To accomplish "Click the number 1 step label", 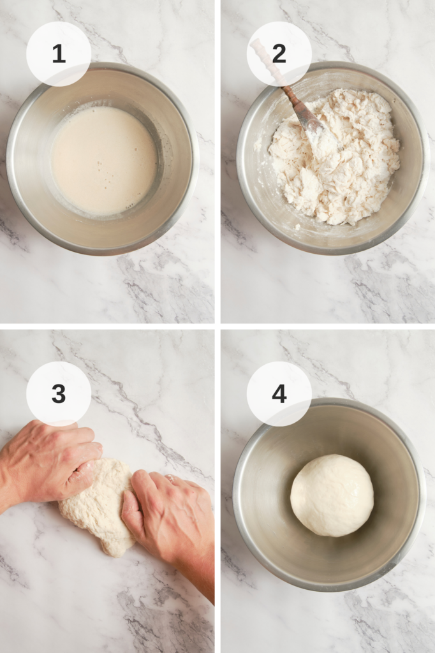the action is [59, 54].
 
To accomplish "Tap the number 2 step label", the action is [279, 54].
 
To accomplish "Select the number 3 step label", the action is [59, 393].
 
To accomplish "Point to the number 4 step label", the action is [279, 393].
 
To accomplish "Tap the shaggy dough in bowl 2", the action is [334, 156].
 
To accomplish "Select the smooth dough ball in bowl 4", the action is [332, 495].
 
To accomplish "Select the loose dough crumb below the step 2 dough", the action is [297, 227].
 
